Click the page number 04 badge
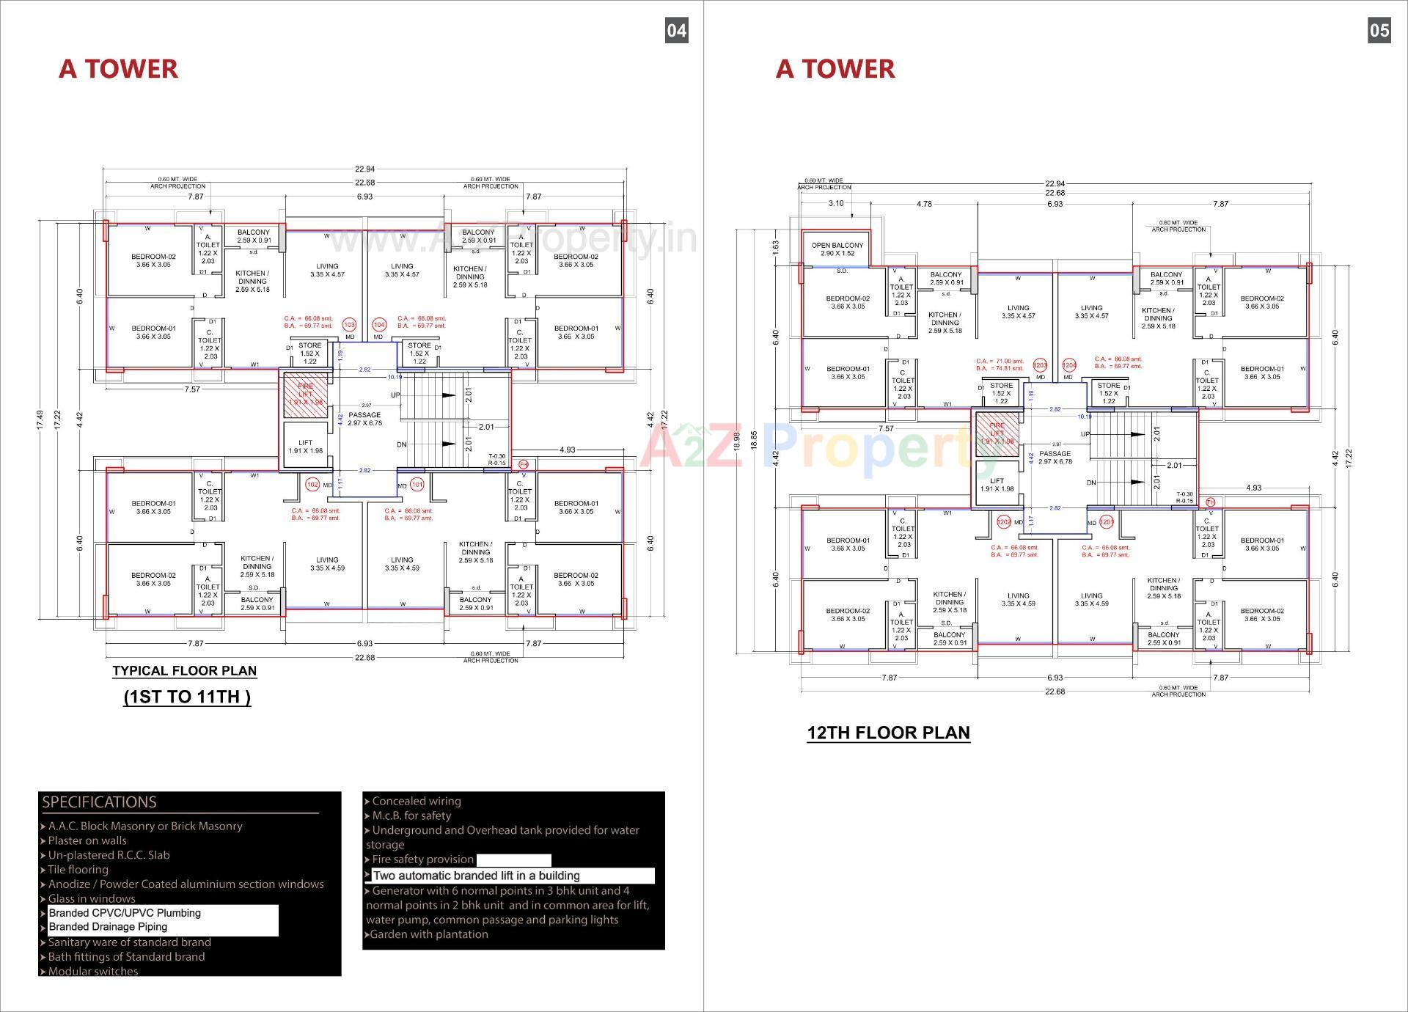676,30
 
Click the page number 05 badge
1379,30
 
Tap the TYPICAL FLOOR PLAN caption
184,670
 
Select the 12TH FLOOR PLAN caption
888,733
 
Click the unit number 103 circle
349,325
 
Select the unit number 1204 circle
1069,365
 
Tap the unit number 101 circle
417,485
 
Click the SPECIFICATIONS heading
99,802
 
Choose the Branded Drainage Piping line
108,927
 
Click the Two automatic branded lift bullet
476,876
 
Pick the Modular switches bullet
92,971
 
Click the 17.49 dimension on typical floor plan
40,419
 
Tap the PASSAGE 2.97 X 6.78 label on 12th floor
1055,458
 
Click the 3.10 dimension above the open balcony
835,204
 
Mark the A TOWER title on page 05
835,69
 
